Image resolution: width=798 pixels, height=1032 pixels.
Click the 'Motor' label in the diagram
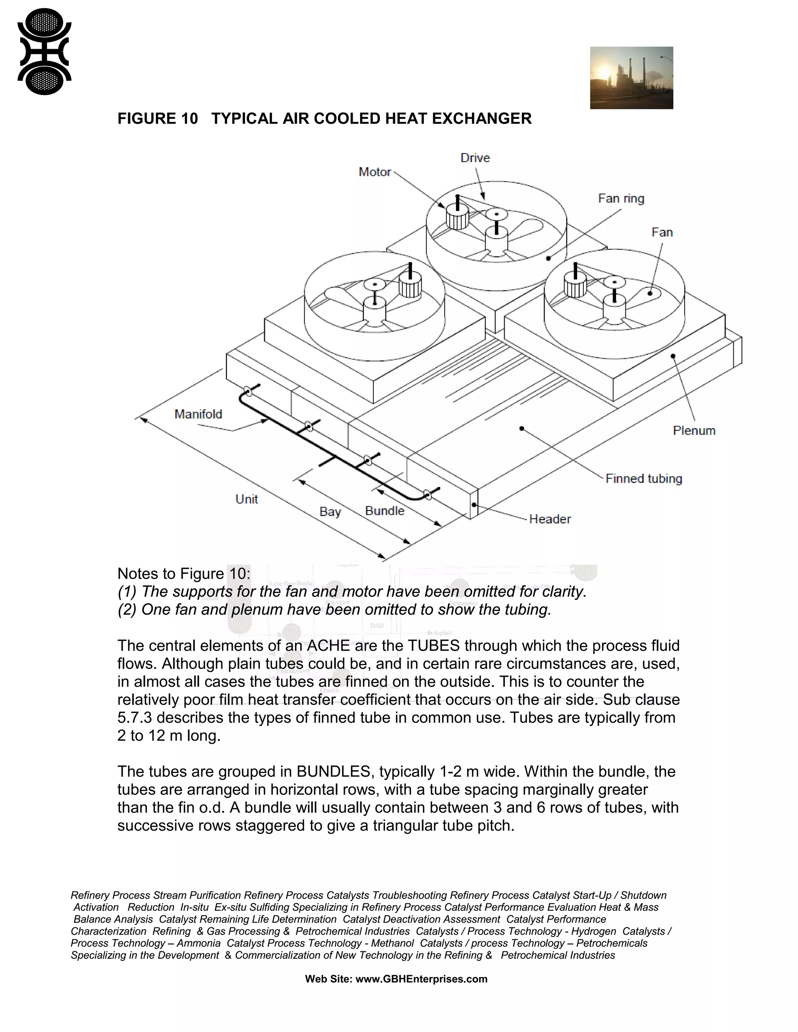pos(374,172)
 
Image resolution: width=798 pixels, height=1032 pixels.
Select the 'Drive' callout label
pos(475,158)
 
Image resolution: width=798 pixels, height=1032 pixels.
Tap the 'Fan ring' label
pos(621,199)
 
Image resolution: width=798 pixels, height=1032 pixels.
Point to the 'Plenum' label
pos(694,430)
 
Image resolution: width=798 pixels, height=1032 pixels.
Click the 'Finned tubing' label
pos(643,479)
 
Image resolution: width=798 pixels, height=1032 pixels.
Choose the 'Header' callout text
pos(550,519)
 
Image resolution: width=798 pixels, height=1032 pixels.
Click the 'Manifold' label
pos(198,414)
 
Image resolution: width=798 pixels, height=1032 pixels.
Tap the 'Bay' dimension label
pos(330,512)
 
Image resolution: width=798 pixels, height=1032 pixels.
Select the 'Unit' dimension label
pos(246,500)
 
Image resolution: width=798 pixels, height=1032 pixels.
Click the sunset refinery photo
pos(631,78)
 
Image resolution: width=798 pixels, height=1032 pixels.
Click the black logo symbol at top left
pos(44,51)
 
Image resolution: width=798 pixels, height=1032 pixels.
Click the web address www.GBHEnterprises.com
pos(421,979)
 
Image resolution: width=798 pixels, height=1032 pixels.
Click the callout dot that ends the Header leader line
pos(474,505)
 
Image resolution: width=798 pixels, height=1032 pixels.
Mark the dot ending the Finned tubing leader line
pos(521,429)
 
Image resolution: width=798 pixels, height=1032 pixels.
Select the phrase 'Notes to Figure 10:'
pos(184,574)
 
